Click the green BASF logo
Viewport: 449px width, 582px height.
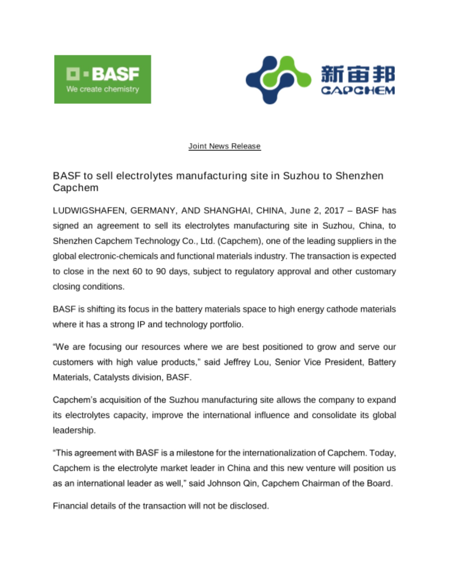[x=102, y=79]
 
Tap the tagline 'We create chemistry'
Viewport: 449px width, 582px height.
[x=102, y=89]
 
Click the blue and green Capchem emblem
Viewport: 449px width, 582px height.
[x=278, y=79]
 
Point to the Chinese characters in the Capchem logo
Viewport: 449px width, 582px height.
[x=357, y=74]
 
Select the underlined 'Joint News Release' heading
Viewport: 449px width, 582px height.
[x=224, y=146]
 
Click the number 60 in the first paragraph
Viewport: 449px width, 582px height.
[x=137, y=271]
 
